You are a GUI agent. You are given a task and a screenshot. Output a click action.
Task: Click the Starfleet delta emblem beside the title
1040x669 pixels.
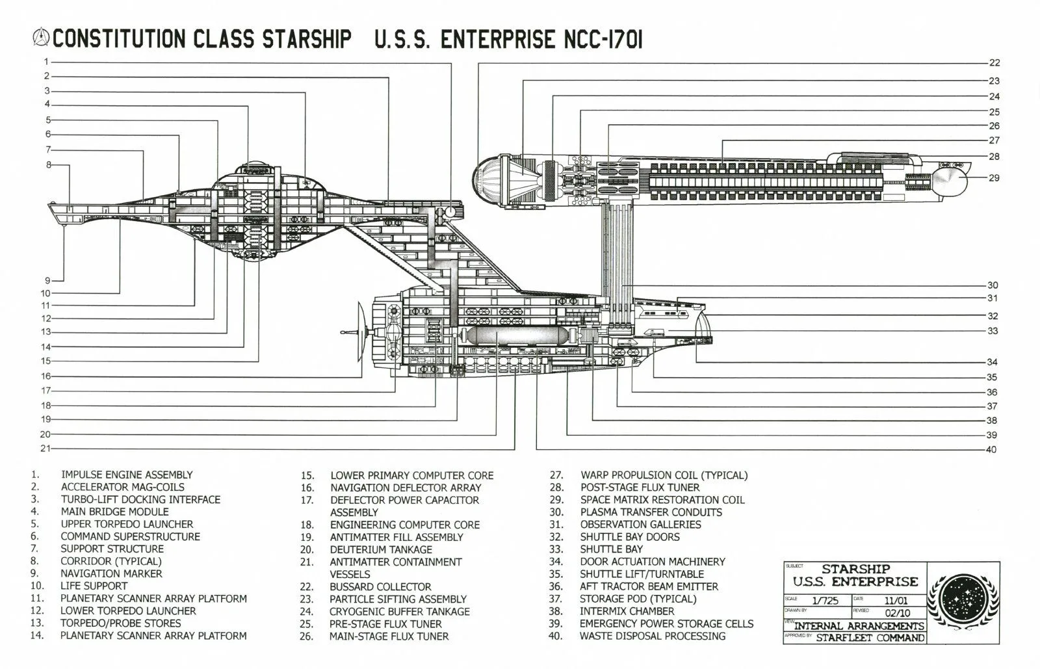click(41, 37)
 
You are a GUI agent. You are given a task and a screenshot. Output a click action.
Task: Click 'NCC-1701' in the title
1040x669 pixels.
click(601, 39)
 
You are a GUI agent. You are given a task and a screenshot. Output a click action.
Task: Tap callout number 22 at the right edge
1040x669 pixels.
click(994, 63)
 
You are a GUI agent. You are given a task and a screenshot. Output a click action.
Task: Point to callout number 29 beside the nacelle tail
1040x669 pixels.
click(994, 177)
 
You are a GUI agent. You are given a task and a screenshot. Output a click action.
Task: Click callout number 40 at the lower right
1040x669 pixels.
click(991, 450)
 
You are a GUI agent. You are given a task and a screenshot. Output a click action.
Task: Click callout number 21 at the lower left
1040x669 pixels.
click(45, 449)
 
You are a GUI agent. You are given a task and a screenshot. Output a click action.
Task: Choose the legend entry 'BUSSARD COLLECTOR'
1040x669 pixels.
click(380, 586)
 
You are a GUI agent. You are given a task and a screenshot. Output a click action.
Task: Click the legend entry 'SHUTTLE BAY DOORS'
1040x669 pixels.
click(629, 537)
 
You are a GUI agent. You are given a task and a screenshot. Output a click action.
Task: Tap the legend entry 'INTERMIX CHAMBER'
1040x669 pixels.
click(627, 611)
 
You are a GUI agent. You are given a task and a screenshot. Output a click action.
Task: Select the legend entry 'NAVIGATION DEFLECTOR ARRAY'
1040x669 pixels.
click(406, 488)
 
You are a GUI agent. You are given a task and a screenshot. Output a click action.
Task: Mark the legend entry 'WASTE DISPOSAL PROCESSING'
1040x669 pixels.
click(652, 636)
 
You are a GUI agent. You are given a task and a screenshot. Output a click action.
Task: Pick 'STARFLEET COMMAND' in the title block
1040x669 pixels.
click(870, 638)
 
